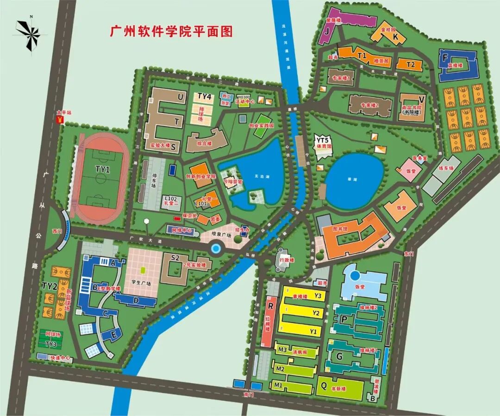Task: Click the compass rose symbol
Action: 29,34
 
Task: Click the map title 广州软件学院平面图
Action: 171,31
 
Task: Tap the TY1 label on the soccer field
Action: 102,170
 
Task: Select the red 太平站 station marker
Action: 59,119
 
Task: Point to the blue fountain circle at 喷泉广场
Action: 215,248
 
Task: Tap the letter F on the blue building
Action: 445,58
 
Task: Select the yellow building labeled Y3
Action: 318,295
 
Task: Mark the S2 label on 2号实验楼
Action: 175,258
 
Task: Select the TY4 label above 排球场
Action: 204,96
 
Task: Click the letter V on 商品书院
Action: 421,99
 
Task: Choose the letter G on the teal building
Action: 339,356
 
